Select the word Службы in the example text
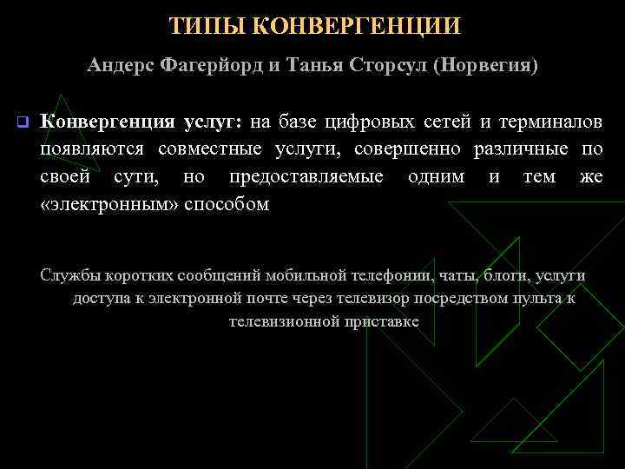point(70,276)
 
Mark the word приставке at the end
point(382,321)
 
